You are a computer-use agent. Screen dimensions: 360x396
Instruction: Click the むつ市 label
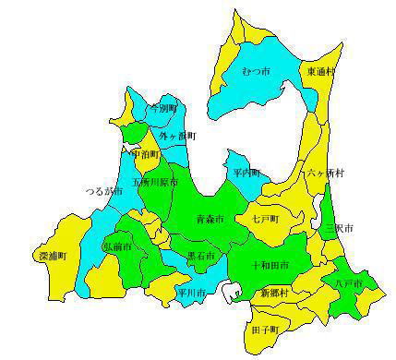point(255,71)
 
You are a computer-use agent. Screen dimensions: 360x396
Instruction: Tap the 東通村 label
point(321,70)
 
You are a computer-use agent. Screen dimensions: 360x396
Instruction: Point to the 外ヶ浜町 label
point(174,137)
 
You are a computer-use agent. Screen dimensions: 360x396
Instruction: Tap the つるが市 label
point(102,191)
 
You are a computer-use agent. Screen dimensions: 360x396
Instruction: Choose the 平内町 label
point(246,172)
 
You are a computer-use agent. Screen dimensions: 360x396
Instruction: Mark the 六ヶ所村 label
point(326,173)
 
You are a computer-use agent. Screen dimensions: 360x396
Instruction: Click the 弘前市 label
point(116,247)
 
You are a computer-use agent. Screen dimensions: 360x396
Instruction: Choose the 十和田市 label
point(270,265)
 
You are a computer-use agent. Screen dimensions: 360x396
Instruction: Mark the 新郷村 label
point(273,292)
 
